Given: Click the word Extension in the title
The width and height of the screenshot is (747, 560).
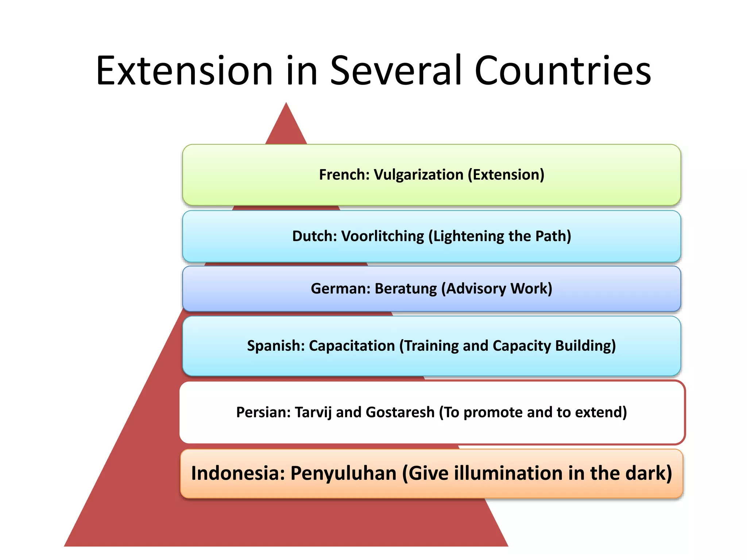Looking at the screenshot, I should [x=184, y=71].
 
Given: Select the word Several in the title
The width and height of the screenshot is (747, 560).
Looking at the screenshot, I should [x=395, y=71].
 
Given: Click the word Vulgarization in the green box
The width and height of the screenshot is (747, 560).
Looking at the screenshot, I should [x=419, y=175].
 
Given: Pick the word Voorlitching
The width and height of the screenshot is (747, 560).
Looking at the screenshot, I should [x=383, y=236].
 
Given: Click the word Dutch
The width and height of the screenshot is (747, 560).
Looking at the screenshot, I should [x=314, y=236].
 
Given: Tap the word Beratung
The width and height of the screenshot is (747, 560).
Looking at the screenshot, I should [x=406, y=289].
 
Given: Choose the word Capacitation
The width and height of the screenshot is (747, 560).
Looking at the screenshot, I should [x=352, y=346].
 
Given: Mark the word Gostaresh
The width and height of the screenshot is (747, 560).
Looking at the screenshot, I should [x=400, y=412].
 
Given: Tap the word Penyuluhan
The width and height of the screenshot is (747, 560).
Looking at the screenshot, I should [x=343, y=473].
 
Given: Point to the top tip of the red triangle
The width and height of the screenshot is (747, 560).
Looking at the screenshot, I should [x=286, y=104].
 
